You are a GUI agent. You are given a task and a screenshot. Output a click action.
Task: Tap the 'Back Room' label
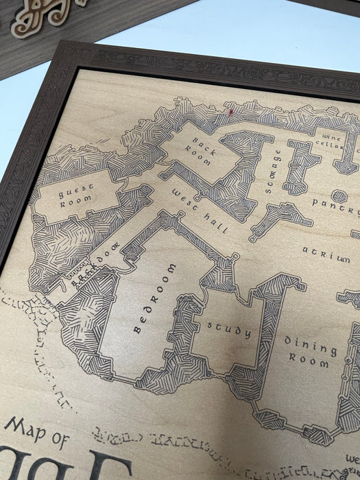point(200,149)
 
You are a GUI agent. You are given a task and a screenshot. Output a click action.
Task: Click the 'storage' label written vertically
point(269,171)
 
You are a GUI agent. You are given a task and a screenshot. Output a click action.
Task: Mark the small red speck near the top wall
point(231,110)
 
